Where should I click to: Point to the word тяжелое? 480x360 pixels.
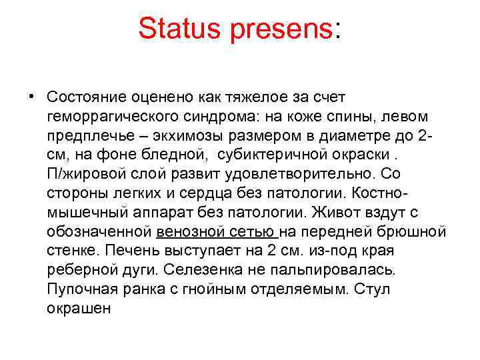255,97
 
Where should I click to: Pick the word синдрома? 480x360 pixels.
219,117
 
